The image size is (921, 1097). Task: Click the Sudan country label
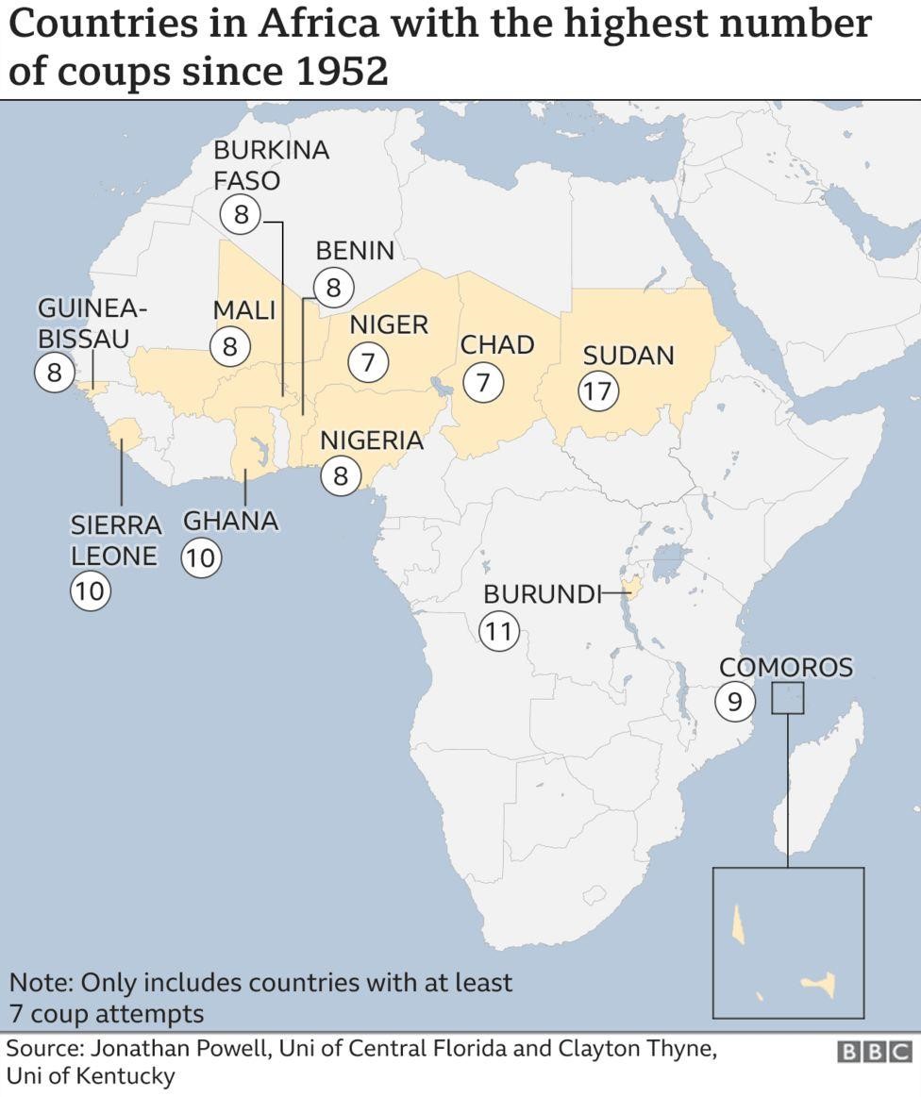pyautogui.click(x=628, y=356)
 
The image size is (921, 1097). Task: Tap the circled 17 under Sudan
pyautogui.click(x=597, y=391)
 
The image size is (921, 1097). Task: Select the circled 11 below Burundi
pyautogui.click(x=499, y=630)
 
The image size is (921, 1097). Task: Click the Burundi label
pyautogui.click(x=542, y=594)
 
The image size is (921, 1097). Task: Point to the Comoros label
pyautogui.click(x=785, y=668)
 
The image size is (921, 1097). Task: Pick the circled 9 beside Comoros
pyautogui.click(x=735, y=701)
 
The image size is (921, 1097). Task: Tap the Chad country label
pyautogui.click(x=497, y=345)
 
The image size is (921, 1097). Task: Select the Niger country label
pyautogui.click(x=389, y=325)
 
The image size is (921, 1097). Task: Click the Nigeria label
pyautogui.click(x=371, y=440)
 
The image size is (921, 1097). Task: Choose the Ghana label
pyautogui.click(x=230, y=521)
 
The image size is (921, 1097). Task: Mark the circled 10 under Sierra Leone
pyautogui.click(x=91, y=591)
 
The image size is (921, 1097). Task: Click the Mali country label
pyautogui.click(x=243, y=309)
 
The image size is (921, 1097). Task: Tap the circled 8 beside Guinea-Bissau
pyautogui.click(x=54, y=373)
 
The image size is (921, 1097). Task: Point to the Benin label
pyautogui.click(x=355, y=251)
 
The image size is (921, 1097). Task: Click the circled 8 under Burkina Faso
pyautogui.click(x=241, y=215)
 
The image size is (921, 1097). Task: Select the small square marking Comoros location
pyautogui.click(x=787, y=699)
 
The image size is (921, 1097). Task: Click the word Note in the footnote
pyautogui.click(x=39, y=983)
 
